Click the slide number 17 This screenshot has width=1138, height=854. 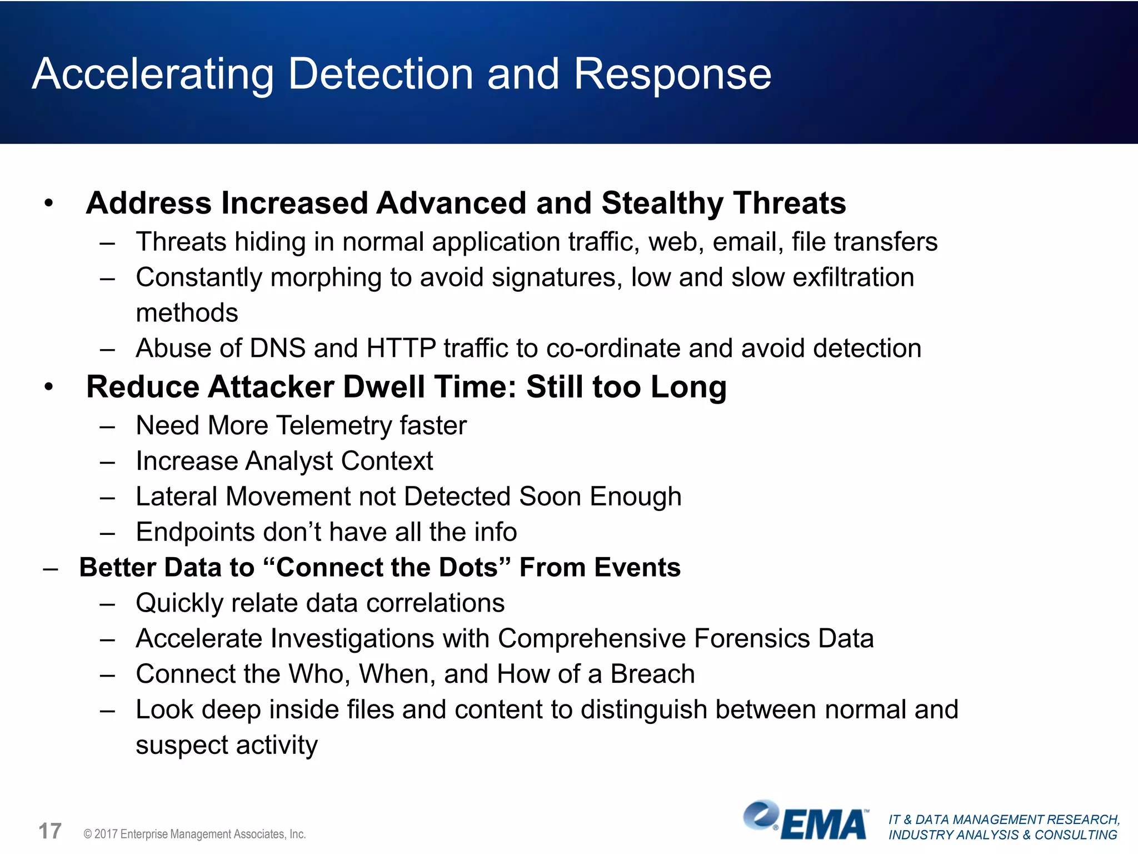tap(49, 832)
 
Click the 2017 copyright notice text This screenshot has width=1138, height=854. tap(194, 834)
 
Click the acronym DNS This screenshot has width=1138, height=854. tap(278, 349)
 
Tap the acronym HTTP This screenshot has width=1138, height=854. tap(401, 349)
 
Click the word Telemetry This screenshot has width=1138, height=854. tap(334, 426)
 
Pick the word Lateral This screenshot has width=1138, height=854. tap(176, 496)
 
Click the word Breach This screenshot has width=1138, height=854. tap(652, 674)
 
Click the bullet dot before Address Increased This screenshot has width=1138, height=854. tap(49, 204)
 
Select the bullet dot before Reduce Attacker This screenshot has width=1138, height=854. tap(49, 388)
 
